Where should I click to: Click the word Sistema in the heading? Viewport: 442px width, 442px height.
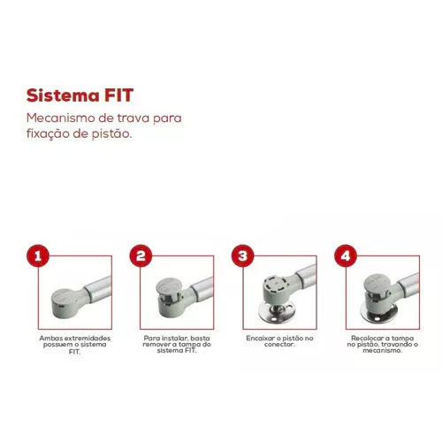point(63,95)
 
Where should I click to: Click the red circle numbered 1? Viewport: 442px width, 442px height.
point(38,255)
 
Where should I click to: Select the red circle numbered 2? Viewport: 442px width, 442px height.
point(141,255)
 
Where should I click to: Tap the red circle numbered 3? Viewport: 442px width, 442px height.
point(243,255)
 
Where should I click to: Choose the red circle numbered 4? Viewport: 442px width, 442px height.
point(346,255)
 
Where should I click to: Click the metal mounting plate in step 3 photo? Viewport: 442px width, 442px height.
point(277,313)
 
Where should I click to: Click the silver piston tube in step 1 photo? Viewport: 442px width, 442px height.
point(98,289)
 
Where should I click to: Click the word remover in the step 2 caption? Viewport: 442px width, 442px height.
point(156,344)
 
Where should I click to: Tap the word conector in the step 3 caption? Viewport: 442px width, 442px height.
point(279,344)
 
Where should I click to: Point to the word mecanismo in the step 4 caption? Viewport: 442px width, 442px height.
point(382,350)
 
